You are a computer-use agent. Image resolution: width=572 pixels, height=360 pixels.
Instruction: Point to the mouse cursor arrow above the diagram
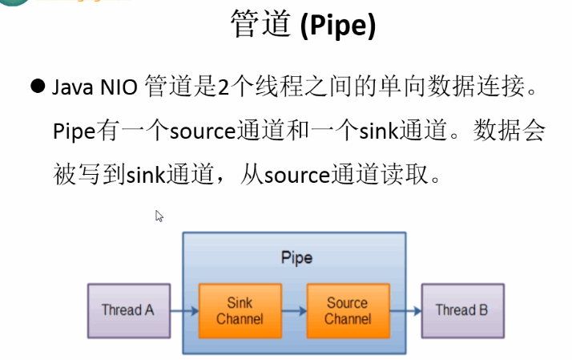tap(159, 216)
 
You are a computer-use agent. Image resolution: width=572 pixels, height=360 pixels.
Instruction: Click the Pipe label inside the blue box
tap(296, 258)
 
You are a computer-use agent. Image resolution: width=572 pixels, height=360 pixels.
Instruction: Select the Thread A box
tap(127, 309)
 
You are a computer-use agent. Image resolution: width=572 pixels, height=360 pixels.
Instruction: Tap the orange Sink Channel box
tap(240, 310)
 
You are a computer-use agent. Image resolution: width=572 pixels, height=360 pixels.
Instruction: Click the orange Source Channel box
tap(348, 310)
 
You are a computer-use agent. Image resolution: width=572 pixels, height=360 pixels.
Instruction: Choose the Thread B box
tap(461, 309)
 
